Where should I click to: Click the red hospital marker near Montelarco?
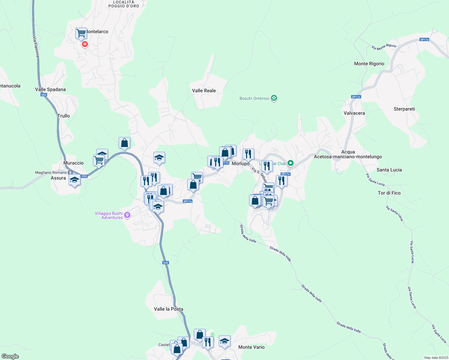85,45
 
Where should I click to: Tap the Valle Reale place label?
204,91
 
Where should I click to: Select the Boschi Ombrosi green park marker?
274,98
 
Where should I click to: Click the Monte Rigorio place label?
369,64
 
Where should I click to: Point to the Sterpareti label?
404,109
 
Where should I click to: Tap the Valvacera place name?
354,113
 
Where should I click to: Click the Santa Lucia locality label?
389,170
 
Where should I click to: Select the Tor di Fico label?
389,193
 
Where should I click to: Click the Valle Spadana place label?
50,89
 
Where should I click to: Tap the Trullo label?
64,116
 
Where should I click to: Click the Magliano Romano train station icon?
70,172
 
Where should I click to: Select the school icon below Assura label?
74,180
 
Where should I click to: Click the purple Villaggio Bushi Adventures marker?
127,215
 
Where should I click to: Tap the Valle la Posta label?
168,309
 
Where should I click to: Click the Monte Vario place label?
251,347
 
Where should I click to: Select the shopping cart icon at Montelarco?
81,33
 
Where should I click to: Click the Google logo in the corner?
10,356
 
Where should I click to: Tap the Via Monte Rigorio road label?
384,47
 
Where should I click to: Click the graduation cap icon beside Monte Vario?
224,341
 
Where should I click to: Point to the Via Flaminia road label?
36,47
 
